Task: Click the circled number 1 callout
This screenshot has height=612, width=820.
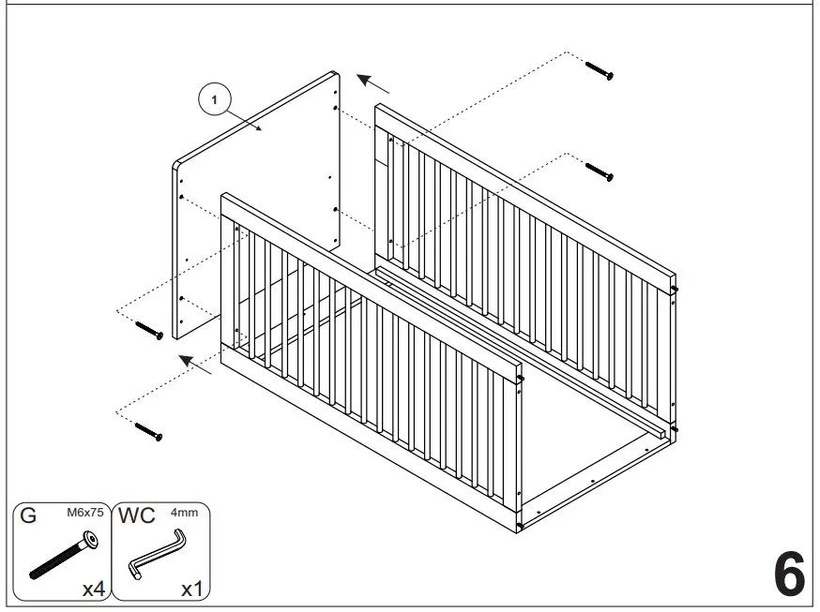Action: [216, 98]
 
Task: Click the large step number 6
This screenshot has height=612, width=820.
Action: [789, 575]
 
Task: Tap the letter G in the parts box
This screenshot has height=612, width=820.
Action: [28, 516]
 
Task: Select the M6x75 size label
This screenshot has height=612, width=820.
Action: [84, 513]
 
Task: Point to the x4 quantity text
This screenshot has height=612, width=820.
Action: [92, 589]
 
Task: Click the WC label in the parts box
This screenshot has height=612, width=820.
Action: [136, 516]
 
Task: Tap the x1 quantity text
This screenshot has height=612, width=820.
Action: [191, 589]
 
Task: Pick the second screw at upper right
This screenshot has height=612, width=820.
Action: [599, 172]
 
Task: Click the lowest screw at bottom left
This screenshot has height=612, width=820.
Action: [149, 431]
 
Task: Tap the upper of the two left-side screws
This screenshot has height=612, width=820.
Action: [149, 329]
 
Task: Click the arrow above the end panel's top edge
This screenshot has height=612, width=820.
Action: [375, 84]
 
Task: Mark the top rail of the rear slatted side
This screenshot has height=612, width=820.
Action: [525, 191]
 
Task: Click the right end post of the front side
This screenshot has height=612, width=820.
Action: [519, 450]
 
